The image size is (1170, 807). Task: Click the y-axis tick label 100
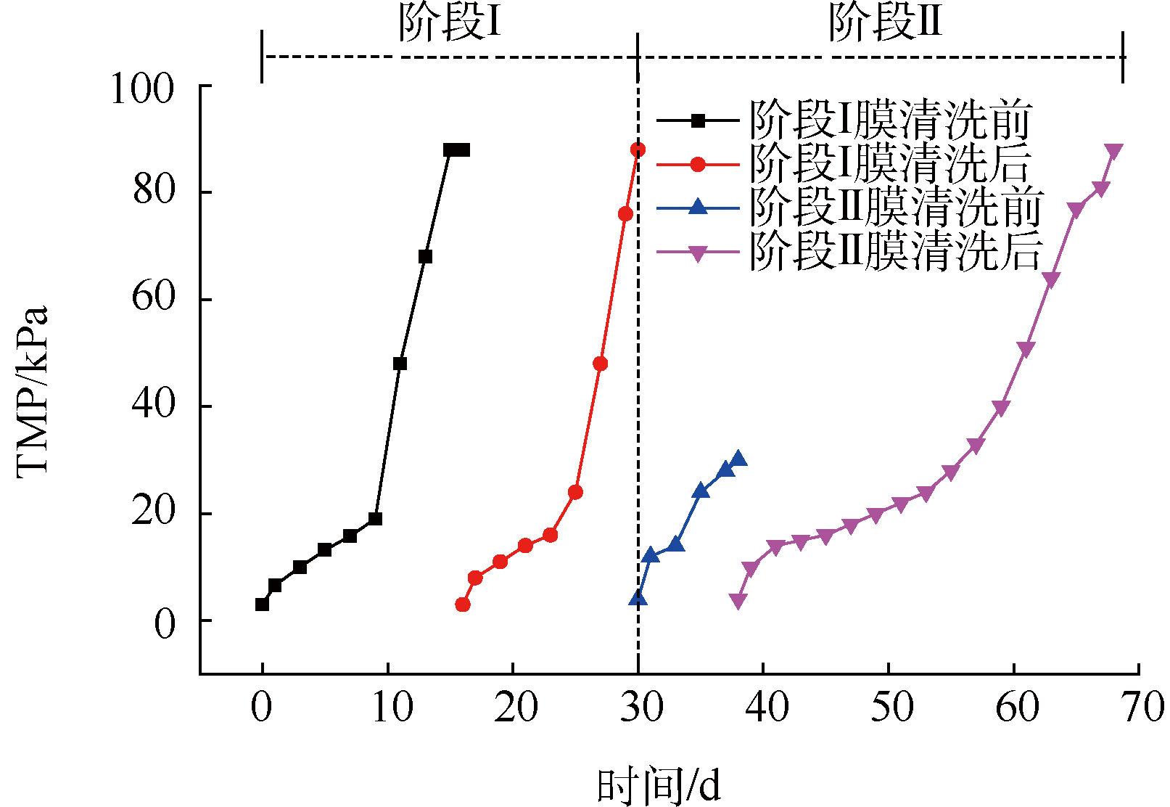click(142, 90)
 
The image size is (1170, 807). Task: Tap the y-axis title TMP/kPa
click(32, 392)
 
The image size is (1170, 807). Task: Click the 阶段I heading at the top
click(450, 23)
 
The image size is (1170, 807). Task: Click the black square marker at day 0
click(262, 604)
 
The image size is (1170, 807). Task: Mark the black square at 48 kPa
click(400, 364)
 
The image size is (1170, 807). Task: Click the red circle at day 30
click(638, 149)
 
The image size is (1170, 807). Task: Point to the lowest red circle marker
click(463, 604)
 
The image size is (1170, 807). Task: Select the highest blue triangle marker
click(738, 459)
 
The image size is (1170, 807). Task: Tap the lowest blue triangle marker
click(638, 599)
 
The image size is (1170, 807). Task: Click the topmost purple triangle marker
click(1113, 151)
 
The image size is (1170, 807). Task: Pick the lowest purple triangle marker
click(738, 601)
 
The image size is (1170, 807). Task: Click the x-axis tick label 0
click(261, 706)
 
